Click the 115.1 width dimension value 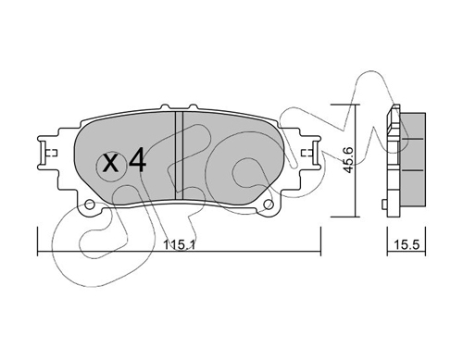179,245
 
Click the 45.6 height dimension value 348,160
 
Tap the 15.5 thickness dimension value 407,245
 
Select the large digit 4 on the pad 137,160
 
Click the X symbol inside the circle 110,164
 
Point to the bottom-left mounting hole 90,205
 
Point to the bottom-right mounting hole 269,205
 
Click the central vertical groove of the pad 179,155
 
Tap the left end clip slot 43,153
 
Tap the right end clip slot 316,153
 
